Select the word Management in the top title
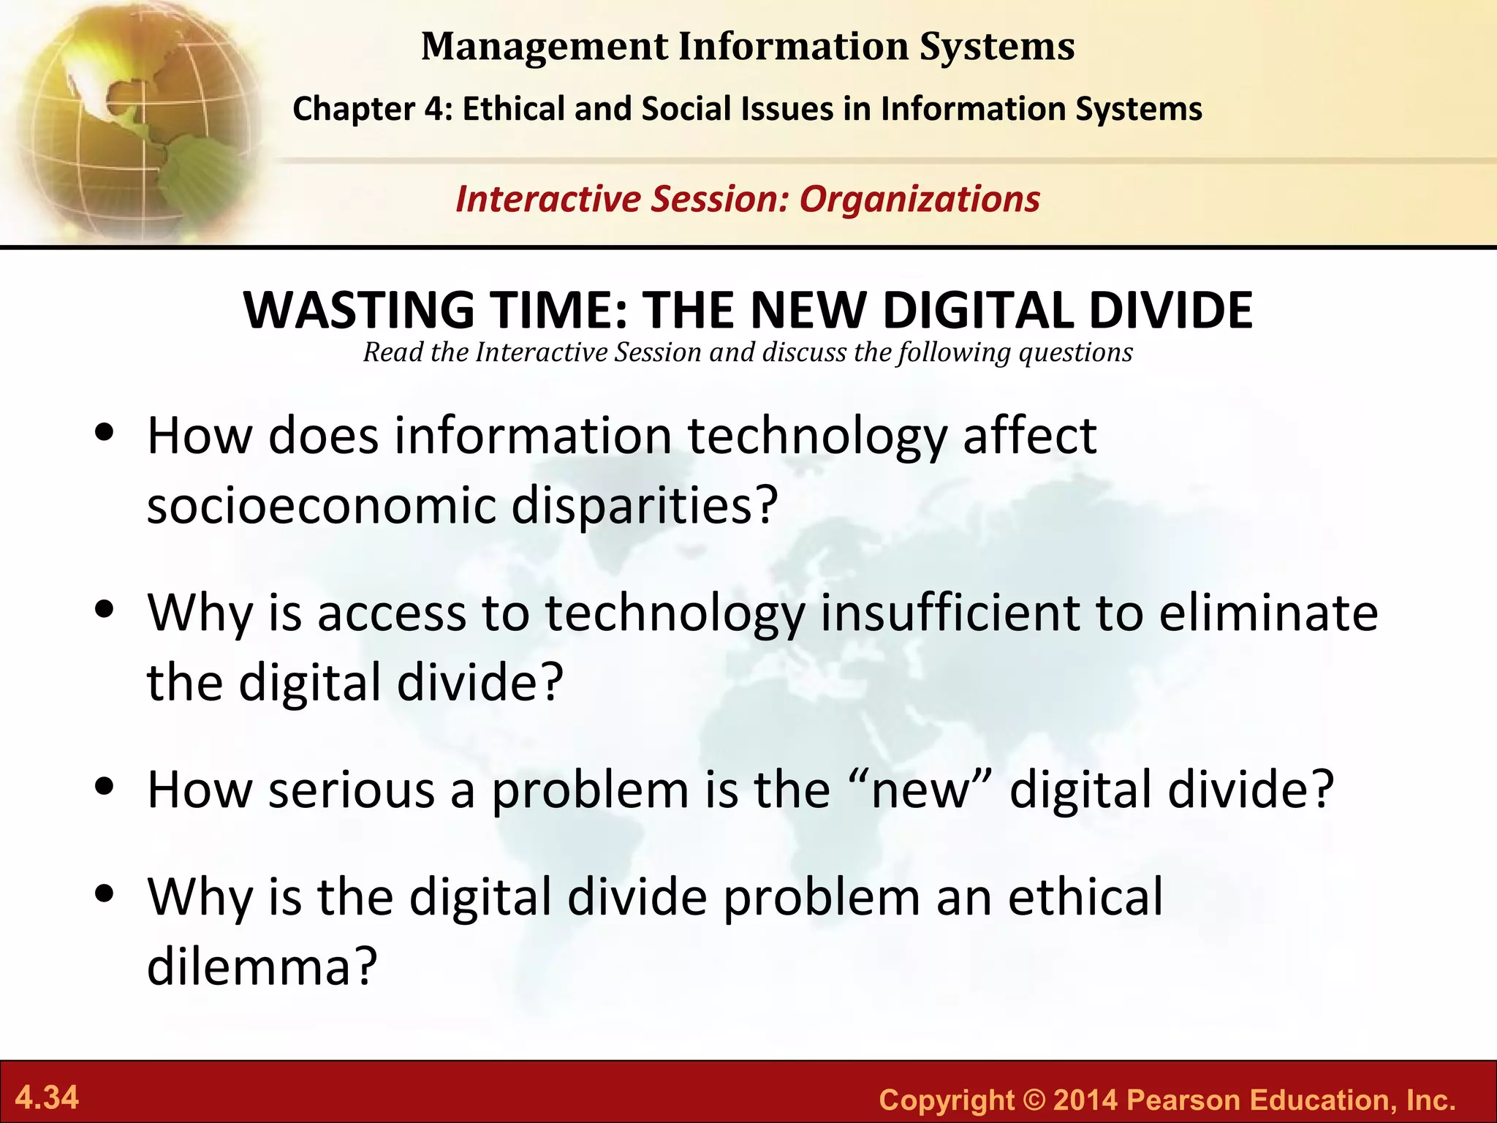click(545, 47)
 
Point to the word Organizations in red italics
click(919, 200)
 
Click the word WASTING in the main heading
click(359, 311)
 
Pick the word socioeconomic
click(321, 505)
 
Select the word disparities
click(643, 505)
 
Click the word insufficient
click(949, 612)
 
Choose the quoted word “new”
click(922, 790)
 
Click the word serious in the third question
click(352, 790)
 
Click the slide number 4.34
click(47, 1098)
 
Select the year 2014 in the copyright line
click(1085, 1100)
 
